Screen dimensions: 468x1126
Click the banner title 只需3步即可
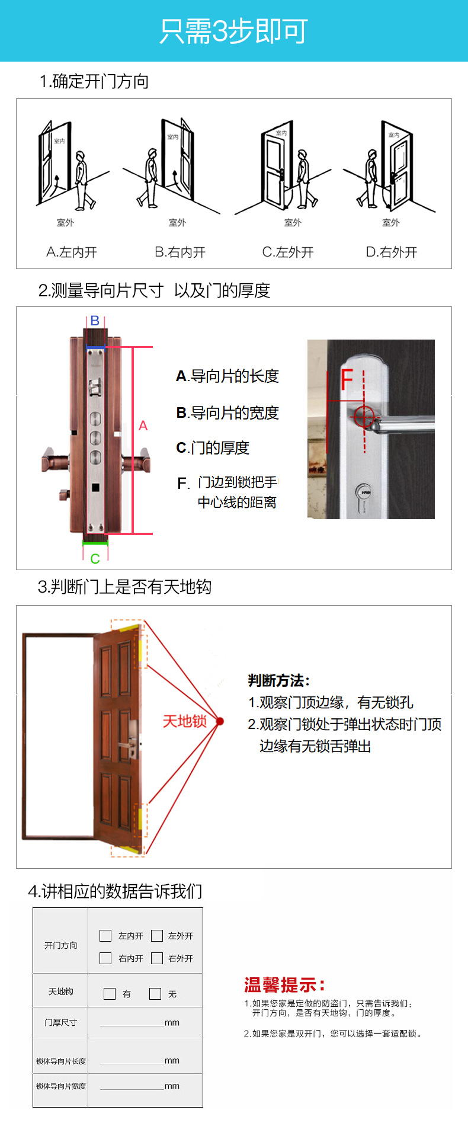233,31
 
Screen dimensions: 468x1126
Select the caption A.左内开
72,252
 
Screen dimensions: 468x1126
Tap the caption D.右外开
392,252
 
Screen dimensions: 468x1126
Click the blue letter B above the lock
95,321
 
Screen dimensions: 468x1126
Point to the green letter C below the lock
95,559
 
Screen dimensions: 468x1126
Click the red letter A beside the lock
143,426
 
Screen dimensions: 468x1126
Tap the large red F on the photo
347,380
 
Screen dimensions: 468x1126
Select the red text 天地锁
184,721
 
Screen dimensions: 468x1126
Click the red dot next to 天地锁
220,721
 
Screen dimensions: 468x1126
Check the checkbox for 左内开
105,936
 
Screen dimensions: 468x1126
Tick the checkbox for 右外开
157,958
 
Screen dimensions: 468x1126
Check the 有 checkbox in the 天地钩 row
110,994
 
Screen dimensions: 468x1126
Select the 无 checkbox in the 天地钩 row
155,994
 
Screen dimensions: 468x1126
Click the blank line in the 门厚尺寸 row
132,1026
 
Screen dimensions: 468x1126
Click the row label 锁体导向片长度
61,1061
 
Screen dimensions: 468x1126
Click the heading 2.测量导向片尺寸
101,290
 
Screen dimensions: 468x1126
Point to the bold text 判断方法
278,680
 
